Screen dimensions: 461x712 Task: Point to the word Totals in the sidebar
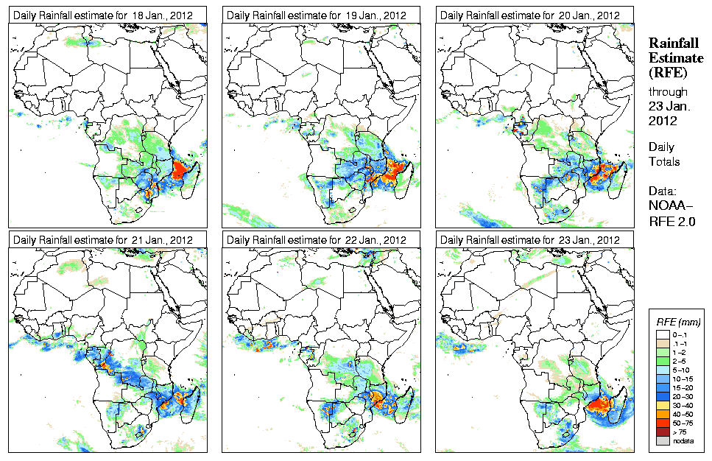coord(664,161)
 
